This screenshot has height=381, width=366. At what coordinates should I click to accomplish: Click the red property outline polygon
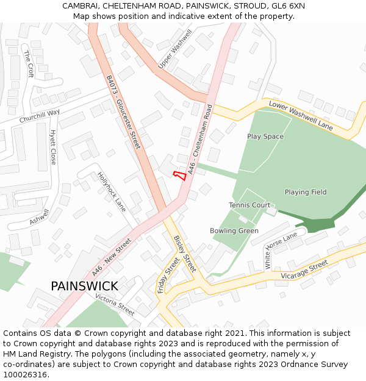click(x=179, y=176)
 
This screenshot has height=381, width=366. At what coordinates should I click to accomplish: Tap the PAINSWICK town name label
click(x=84, y=286)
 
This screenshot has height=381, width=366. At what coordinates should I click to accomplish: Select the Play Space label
click(x=265, y=137)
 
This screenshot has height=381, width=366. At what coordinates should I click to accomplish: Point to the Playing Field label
click(x=305, y=192)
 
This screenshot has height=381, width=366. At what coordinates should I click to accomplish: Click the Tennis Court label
click(x=249, y=205)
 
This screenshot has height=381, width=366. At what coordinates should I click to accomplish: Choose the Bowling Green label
click(x=234, y=231)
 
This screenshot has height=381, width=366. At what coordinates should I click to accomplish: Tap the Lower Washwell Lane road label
click(x=301, y=116)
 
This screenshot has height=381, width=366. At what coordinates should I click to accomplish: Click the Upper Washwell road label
click(x=175, y=49)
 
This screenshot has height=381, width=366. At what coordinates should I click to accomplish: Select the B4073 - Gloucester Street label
click(x=123, y=112)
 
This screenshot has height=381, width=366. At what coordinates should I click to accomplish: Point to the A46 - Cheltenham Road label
click(x=200, y=140)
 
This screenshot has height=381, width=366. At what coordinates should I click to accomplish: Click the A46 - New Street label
click(x=112, y=256)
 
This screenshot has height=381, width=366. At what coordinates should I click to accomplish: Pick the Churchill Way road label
click(x=40, y=116)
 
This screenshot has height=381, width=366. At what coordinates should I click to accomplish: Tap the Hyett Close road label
click(x=53, y=147)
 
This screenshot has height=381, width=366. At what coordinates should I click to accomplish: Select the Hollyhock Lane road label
click(x=112, y=191)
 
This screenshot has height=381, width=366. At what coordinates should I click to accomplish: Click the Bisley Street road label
click(x=185, y=254)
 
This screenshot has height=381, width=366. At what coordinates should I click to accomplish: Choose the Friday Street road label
click(x=168, y=275)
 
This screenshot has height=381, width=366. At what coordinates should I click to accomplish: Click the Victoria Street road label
click(x=115, y=304)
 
